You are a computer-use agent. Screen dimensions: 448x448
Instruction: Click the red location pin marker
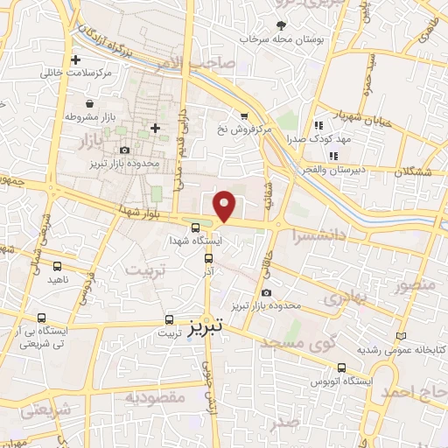pos(226,205)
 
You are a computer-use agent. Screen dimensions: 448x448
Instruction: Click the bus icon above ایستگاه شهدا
pos(194,229)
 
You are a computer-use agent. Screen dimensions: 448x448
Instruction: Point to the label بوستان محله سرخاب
pos(280,39)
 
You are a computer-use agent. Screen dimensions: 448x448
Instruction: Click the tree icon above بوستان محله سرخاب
pos(281,25)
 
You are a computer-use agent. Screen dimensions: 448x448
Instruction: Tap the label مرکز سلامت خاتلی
pos(77,73)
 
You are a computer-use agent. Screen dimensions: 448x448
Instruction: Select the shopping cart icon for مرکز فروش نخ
pos(244,115)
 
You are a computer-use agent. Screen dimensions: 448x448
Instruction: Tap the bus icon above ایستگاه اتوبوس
pos(340,367)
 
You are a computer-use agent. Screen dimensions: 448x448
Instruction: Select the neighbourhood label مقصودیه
pos(155,398)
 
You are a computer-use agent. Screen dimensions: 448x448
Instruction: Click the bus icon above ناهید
pos(58,266)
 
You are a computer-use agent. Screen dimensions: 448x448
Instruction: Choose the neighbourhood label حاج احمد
pos(411,393)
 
